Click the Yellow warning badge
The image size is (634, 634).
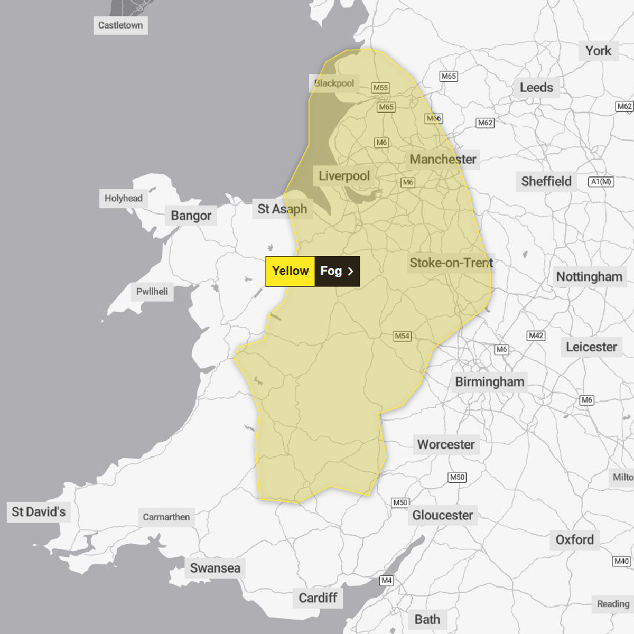click(290, 271)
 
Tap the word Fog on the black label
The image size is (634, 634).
click(331, 271)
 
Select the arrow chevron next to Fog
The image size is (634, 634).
click(350, 271)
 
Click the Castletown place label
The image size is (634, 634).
click(120, 25)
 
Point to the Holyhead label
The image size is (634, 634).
click(124, 198)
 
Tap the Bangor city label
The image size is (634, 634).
click(191, 216)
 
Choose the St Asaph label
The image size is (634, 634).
click(282, 209)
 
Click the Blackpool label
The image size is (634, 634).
click(334, 83)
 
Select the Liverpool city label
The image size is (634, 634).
click(344, 176)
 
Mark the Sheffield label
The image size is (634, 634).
click(546, 181)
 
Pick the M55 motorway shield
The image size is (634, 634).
click(380, 88)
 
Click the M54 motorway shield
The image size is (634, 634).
click(402, 336)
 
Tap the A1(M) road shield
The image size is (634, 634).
click(601, 182)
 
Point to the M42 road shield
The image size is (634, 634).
click(536, 335)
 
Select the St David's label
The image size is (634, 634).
click(39, 511)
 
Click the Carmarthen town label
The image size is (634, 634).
click(166, 517)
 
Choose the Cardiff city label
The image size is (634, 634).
click(318, 598)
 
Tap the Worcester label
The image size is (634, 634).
click(446, 444)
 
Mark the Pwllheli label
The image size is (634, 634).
click(152, 291)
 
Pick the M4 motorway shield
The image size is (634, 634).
click(387, 581)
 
